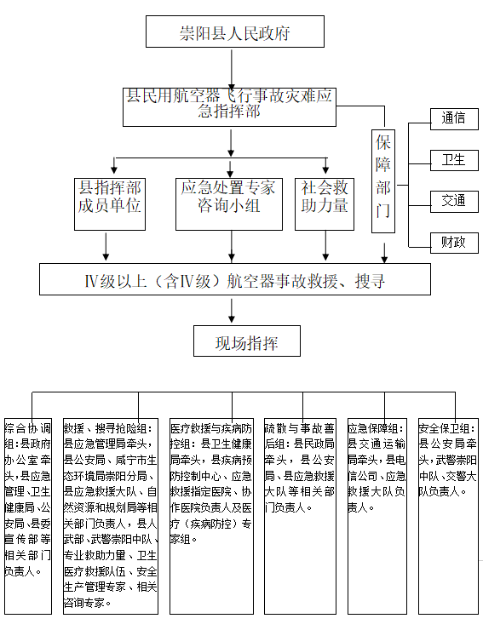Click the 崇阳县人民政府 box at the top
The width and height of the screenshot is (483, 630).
pos(234,33)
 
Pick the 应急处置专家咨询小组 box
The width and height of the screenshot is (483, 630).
pos(228,203)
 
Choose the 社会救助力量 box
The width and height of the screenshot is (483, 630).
pos(325,203)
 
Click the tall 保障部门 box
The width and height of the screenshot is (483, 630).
pos(383,181)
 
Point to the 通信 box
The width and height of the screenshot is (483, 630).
pos(453,119)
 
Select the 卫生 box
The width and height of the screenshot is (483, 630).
pos(453,160)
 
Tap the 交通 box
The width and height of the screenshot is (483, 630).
pos(453,201)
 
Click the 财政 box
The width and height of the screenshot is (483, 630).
pos(453,242)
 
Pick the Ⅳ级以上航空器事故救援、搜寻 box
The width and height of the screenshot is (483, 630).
pos(235,279)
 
